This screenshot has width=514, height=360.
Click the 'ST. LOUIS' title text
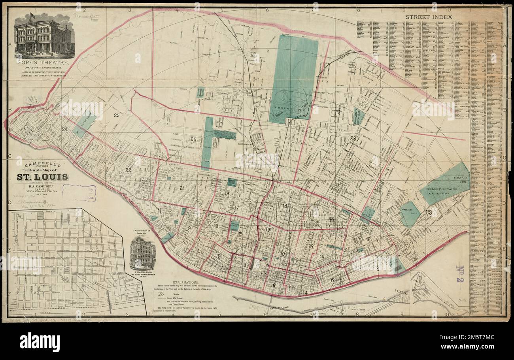[x=42, y=177]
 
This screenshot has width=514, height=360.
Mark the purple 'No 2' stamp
[x=459, y=273]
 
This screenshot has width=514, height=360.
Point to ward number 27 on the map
[x=253, y=54]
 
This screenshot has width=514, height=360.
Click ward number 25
[x=116, y=115]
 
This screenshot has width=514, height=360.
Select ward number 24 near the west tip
[x=64, y=129]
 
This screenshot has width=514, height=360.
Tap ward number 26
[x=193, y=139]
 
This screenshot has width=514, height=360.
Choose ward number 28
[x=353, y=138]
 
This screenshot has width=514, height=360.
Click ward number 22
[x=128, y=170]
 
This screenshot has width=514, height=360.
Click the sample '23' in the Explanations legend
[x=161, y=294]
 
